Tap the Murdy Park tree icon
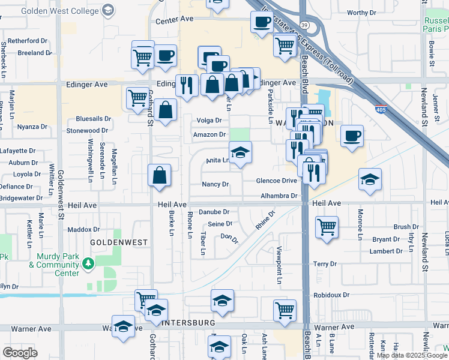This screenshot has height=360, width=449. coord(88,262)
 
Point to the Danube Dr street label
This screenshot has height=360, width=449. coord(214,212)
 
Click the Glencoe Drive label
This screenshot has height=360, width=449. coord(277,181)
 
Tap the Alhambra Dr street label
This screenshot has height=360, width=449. coord(279,196)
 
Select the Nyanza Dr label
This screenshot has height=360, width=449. coord(32,127)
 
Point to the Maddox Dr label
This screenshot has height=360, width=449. coord(83,229)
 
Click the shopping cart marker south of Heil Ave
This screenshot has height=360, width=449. coord(327,227)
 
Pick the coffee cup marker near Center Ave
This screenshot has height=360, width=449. coord(262,23)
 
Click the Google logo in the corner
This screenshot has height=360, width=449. coord(20,353)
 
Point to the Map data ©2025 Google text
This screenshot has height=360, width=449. coord(412,355)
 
